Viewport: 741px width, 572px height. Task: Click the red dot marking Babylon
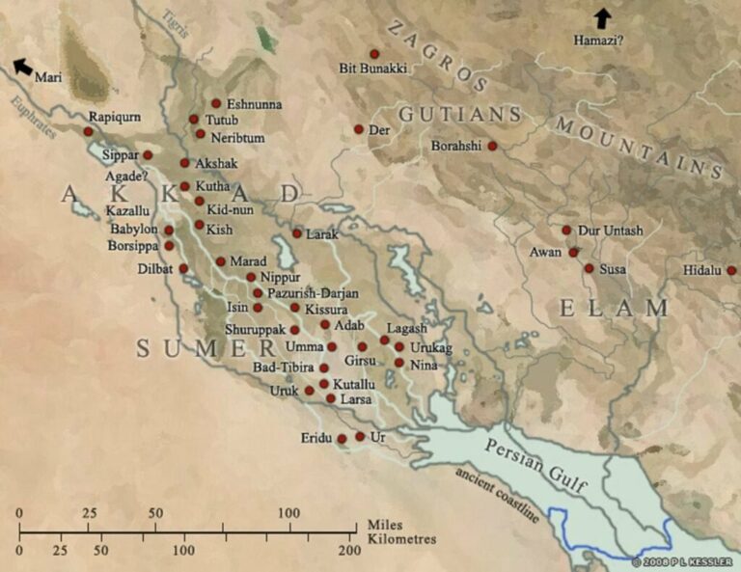tap(169, 231)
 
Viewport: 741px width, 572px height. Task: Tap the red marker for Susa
tap(589, 268)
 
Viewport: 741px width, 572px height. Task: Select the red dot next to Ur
tap(360, 437)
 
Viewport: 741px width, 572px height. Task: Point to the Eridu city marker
tap(342, 439)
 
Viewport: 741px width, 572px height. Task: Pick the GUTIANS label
tap(460, 114)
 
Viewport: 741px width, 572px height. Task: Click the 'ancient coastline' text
tap(500, 497)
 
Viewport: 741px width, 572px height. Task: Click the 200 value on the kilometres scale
tap(347, 550)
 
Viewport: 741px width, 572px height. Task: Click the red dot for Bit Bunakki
tap(374, 54)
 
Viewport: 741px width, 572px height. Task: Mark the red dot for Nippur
tap(251, 277)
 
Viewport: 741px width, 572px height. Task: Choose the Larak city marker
tap(297, 233)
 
